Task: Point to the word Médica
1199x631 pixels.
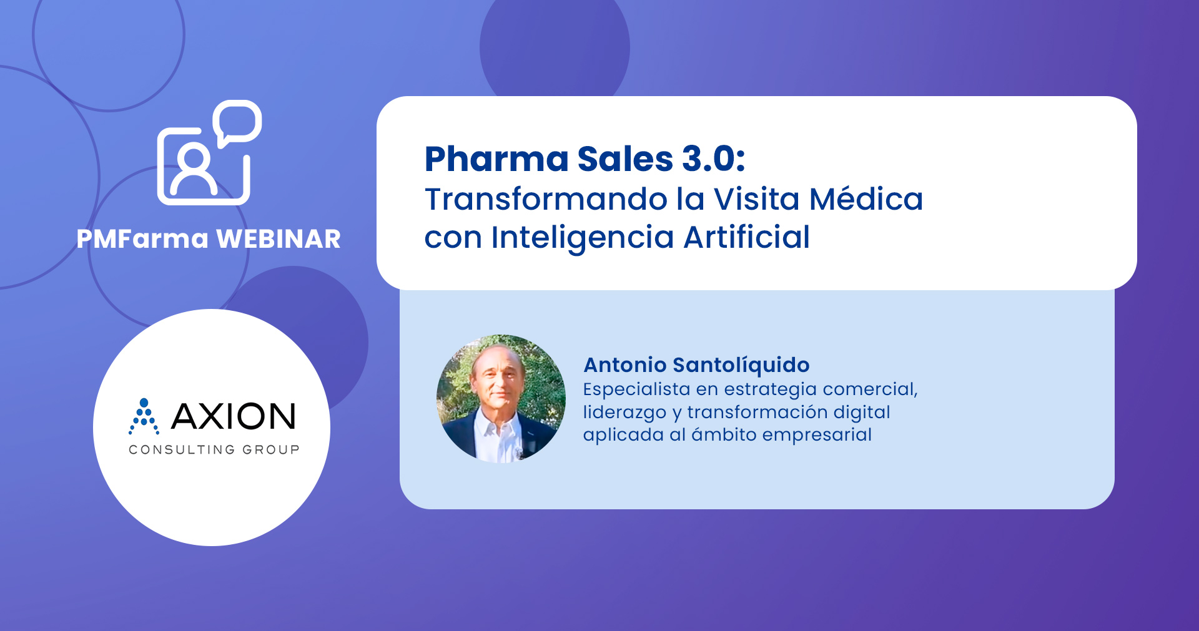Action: tap(866, 199)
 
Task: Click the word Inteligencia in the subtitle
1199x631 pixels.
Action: tap(583, 238)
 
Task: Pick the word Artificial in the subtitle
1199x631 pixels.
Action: tap(747, 237)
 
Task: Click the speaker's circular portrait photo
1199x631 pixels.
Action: tap(501, 398)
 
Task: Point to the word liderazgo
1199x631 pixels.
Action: tap(624, 413)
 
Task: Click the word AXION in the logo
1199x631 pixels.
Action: tap(233, 416)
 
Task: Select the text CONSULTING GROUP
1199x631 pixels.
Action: tap(214, 449)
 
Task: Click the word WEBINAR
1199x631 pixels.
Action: tap(279, 239)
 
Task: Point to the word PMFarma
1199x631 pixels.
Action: tap(142, 239)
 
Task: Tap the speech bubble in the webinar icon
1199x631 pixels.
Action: tap(237, 123)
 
